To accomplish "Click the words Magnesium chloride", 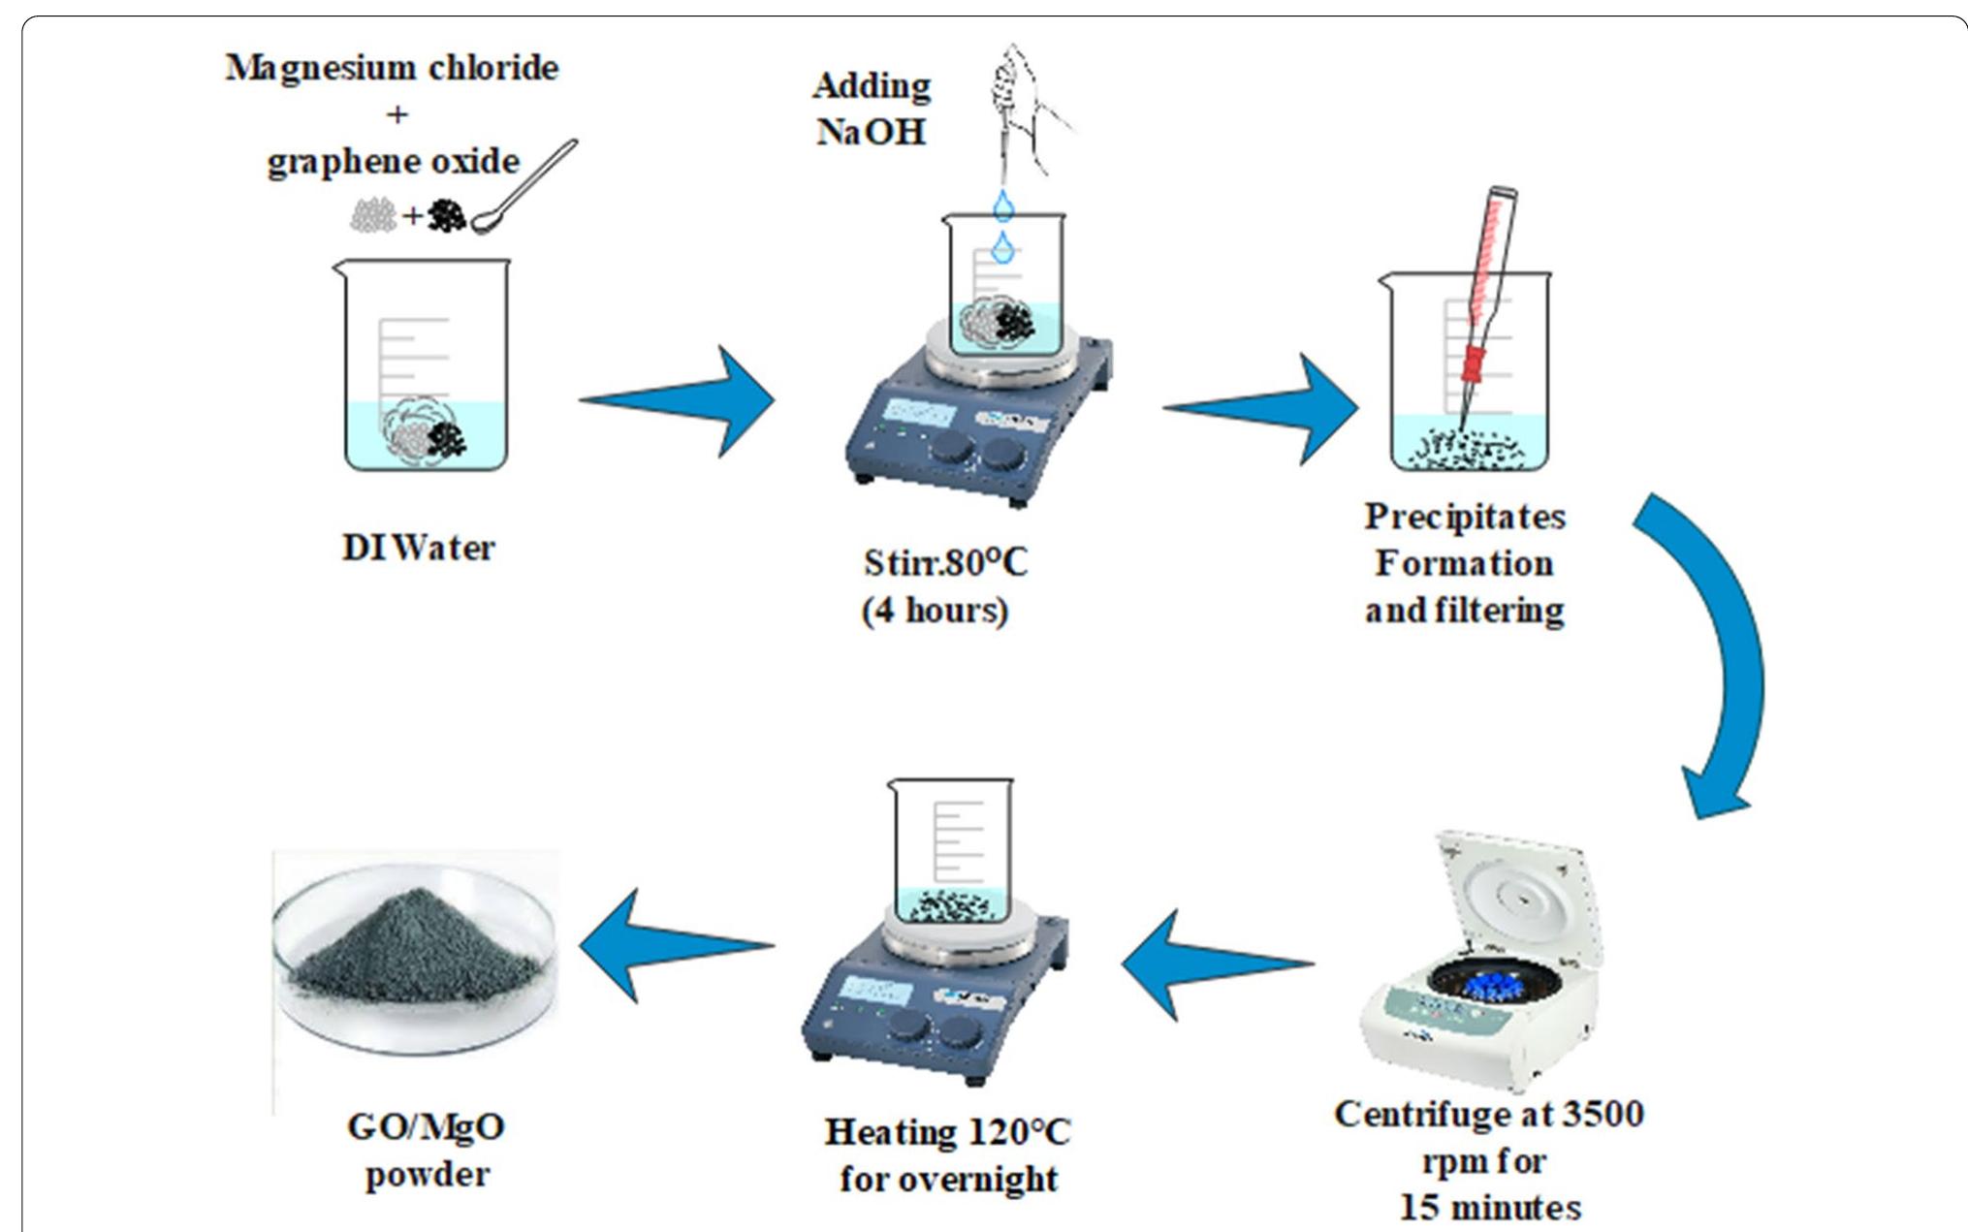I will (x=392, y=68).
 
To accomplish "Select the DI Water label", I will (x=418, y=548).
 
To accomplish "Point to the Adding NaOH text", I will (x=871, y=108).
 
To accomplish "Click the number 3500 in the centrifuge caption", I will (x=1600, y=1114).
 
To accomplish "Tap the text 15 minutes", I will (x=1489, y=1207).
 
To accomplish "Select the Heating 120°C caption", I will (x=947, y=1132).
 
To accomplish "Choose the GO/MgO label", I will (x=426, y=1127).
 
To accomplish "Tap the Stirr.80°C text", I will (x=944, y=563).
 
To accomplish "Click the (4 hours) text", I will (x=935, y=611).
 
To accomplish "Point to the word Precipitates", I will (x=1464, y=517).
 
